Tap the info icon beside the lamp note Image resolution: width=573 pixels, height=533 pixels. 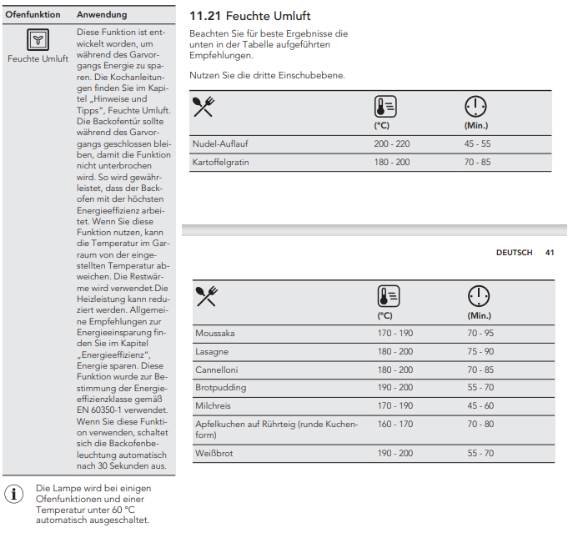[x=14, y=493]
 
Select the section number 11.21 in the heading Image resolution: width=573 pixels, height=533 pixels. [x=206, y=17]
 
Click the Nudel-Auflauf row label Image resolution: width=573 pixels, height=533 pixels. [x=219, y=143]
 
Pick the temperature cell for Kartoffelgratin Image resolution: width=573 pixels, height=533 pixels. [x=391, y=162]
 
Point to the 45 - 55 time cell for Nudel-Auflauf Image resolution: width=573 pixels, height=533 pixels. [x=479, y=143]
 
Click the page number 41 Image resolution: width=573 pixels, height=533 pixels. [x=550, y=252]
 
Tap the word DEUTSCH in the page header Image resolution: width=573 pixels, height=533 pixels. [x=514, y=252]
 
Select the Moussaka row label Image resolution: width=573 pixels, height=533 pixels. [x=215, y=334]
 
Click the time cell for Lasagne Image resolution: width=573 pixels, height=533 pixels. [x=480, y=352]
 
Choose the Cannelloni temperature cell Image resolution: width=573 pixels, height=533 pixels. [x=395, y=370]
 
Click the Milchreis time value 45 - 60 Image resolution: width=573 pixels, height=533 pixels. [x=480, y=406]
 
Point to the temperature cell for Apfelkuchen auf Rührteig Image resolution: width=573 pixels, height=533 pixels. [x=395, y=424]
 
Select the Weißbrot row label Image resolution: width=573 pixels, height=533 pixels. [x=215, y=453]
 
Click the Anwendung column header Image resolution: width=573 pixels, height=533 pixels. [x=102, y=15]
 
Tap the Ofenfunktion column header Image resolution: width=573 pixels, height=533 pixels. [x=33, y=15]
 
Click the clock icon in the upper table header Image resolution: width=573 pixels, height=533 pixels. [x=475, y=107]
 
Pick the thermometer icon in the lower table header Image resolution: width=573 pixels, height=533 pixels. [x=388, y=297]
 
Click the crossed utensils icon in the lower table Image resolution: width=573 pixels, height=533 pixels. [x=206, y=296]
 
